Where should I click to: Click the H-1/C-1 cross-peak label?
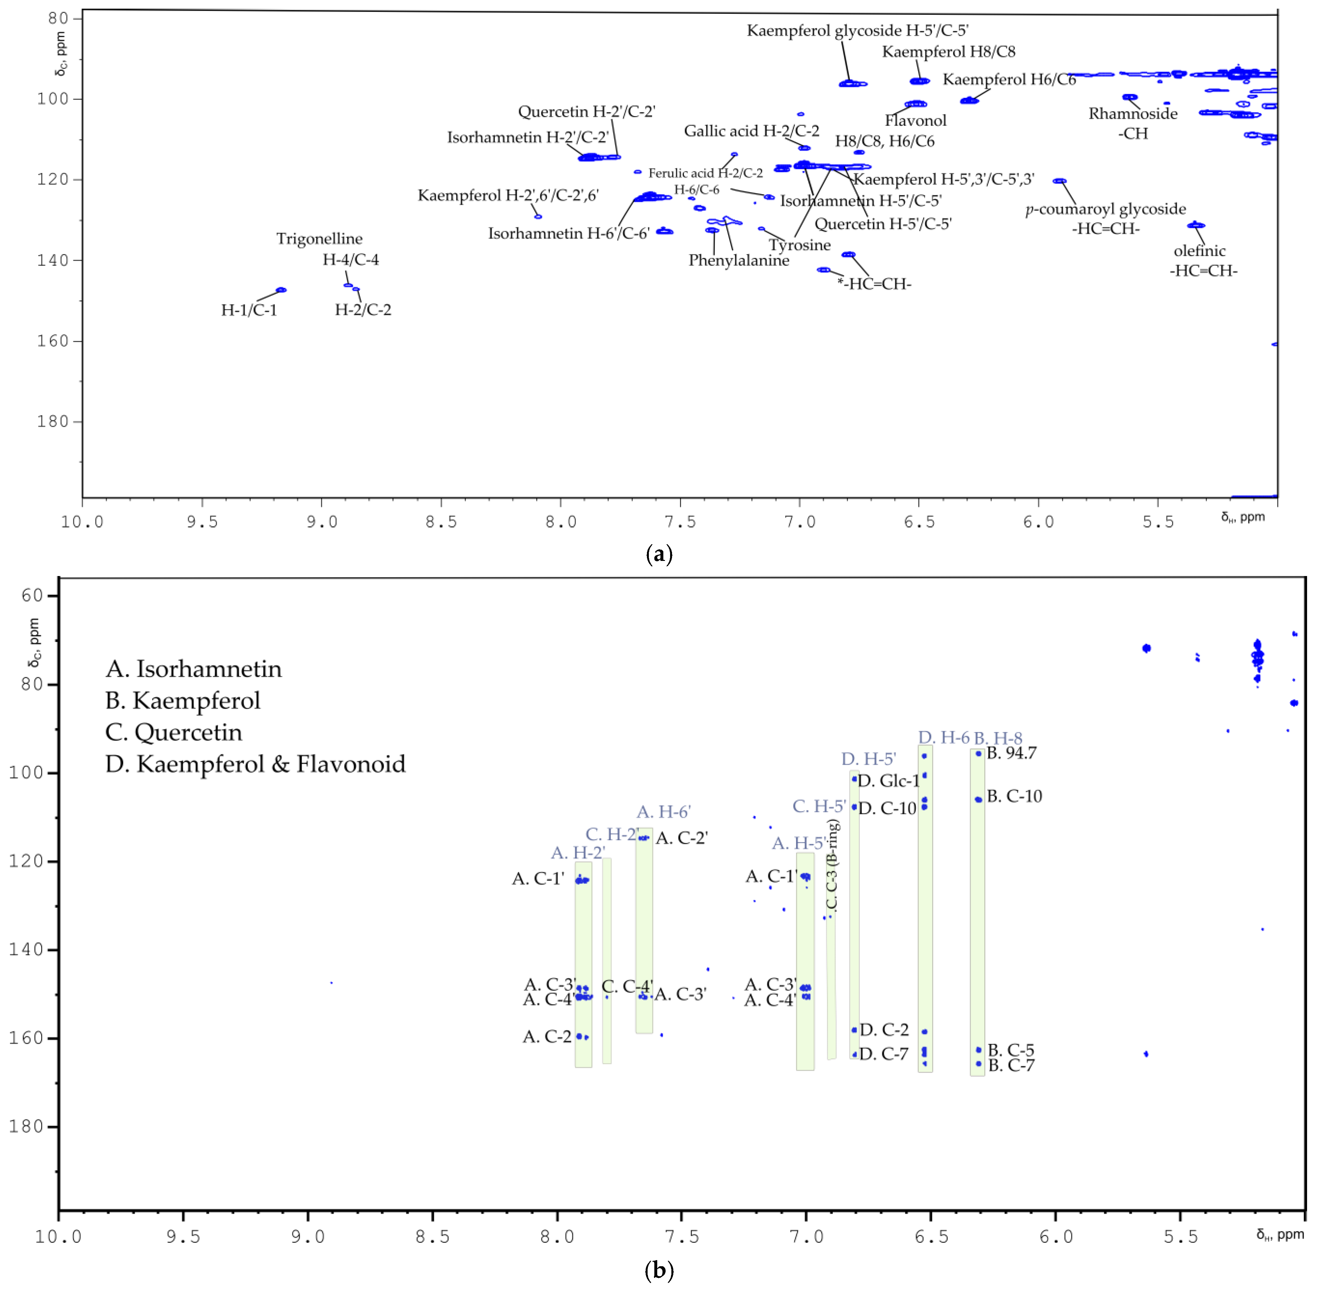pyautogui.click(x=249, y=310)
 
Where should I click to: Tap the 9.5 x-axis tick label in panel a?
pyautogui.click(x=202, y=521)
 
